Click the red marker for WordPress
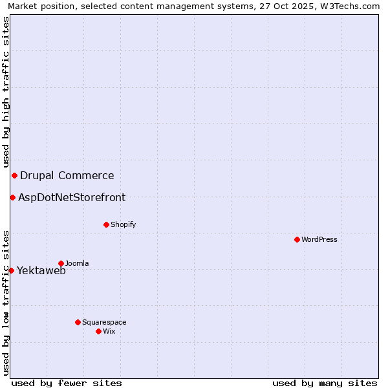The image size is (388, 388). pyautogui.click(x=297, y=239)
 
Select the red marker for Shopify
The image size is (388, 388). pyautogui.click(x=106, y=224)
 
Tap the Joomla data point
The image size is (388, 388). pyautogui.click(x=61, y=263)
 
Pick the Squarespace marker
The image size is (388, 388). pyautogui.click(x=78, y=322)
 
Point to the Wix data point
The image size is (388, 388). pyautogui.click(x=98, y=331)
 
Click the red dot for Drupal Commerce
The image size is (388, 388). pyautogui.click(x=14, y=175)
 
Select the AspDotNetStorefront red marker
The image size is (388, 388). pyautogui.click(x=12, y=197)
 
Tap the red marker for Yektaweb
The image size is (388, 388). pyautogui.click(x=11, y=270)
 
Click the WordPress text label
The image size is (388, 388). pyautogui.click(x=319, y=239)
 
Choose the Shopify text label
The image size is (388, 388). pyautogui.click(x=123, y=224)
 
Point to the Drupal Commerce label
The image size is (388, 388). pyautogui.click(x=67, y=175)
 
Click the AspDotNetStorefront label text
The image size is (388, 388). pyautogui.click(x=72, y=197)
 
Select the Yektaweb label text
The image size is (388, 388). pyautogui.click(x=41, y=270)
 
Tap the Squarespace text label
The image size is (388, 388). pyautogui.click(x=104, y=322)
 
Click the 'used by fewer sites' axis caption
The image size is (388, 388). pyautogui.click(x=67, y=383)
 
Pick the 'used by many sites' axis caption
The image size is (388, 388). pyautogui.click(x=325, y=383)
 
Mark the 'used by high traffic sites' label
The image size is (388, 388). pyautogui.click(x=6, y=92)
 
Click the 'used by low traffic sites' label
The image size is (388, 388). pyautogui.click(x=6, y=302)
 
